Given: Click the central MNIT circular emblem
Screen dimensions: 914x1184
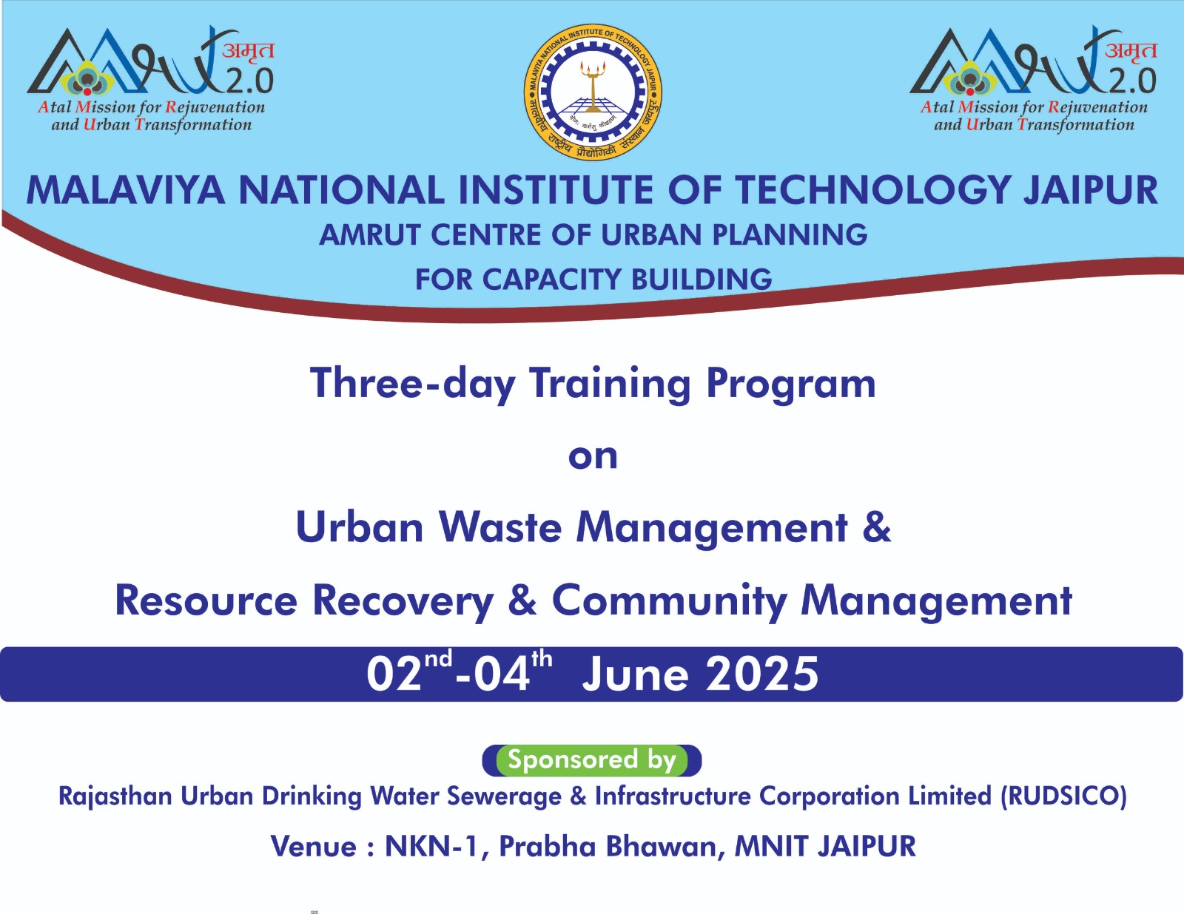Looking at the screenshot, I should click(x=593, y=92).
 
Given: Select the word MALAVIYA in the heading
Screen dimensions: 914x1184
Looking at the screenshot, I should click(x=125, y=190).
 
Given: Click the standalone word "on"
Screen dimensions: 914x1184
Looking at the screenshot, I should click(x=593, y=456).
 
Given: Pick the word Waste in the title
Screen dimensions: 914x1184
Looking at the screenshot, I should click(x=500, y=527).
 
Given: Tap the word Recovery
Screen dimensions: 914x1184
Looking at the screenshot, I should click(x=403, y=600).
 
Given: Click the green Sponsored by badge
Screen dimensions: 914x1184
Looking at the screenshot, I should click(x=592, y=760).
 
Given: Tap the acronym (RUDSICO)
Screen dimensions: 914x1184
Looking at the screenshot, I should click(x=1063, y=796).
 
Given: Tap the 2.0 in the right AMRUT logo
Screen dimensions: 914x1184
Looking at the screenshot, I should click(x=1132, y=81).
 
